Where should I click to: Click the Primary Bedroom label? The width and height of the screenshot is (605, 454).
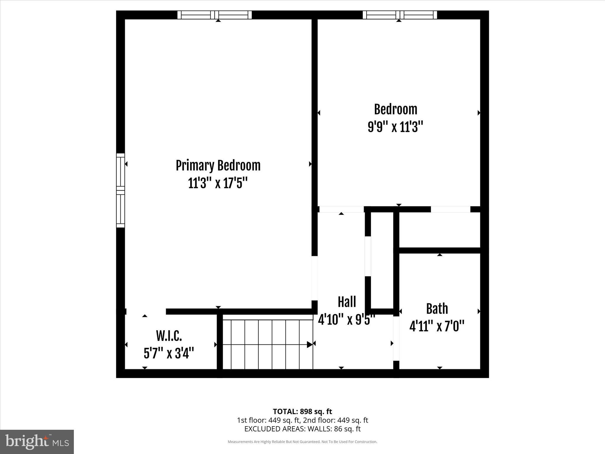coord(218,166)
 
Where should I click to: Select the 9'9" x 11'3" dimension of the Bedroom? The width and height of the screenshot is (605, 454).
coord(395,127)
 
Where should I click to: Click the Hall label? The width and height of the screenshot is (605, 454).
coord(347,302)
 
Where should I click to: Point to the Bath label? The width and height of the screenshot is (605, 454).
coord(437,309)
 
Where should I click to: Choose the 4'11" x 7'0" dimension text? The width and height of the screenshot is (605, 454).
coord(437,327)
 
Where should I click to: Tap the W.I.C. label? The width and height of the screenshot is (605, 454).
coord(169,336)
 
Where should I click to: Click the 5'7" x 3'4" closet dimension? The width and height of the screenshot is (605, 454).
coord(169,353)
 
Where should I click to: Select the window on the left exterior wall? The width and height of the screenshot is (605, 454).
coord(121,190)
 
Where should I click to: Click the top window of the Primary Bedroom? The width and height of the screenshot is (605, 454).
coord(214,15)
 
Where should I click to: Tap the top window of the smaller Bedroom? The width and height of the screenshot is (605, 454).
coord(400,15)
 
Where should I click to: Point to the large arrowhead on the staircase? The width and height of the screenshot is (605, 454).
coord(310,345)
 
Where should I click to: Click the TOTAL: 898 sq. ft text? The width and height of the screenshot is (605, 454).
coord(302,411)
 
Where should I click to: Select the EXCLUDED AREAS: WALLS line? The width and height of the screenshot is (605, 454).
coord(302,429)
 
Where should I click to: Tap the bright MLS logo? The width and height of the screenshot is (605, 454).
coord(37,442)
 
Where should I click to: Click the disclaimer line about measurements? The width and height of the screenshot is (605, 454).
coord(302,442)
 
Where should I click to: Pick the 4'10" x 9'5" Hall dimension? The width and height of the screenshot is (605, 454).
coord(346,320)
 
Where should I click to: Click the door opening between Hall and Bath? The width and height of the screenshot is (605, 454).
coord(396,338)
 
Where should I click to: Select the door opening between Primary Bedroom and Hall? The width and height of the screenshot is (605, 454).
coord(315,278)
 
